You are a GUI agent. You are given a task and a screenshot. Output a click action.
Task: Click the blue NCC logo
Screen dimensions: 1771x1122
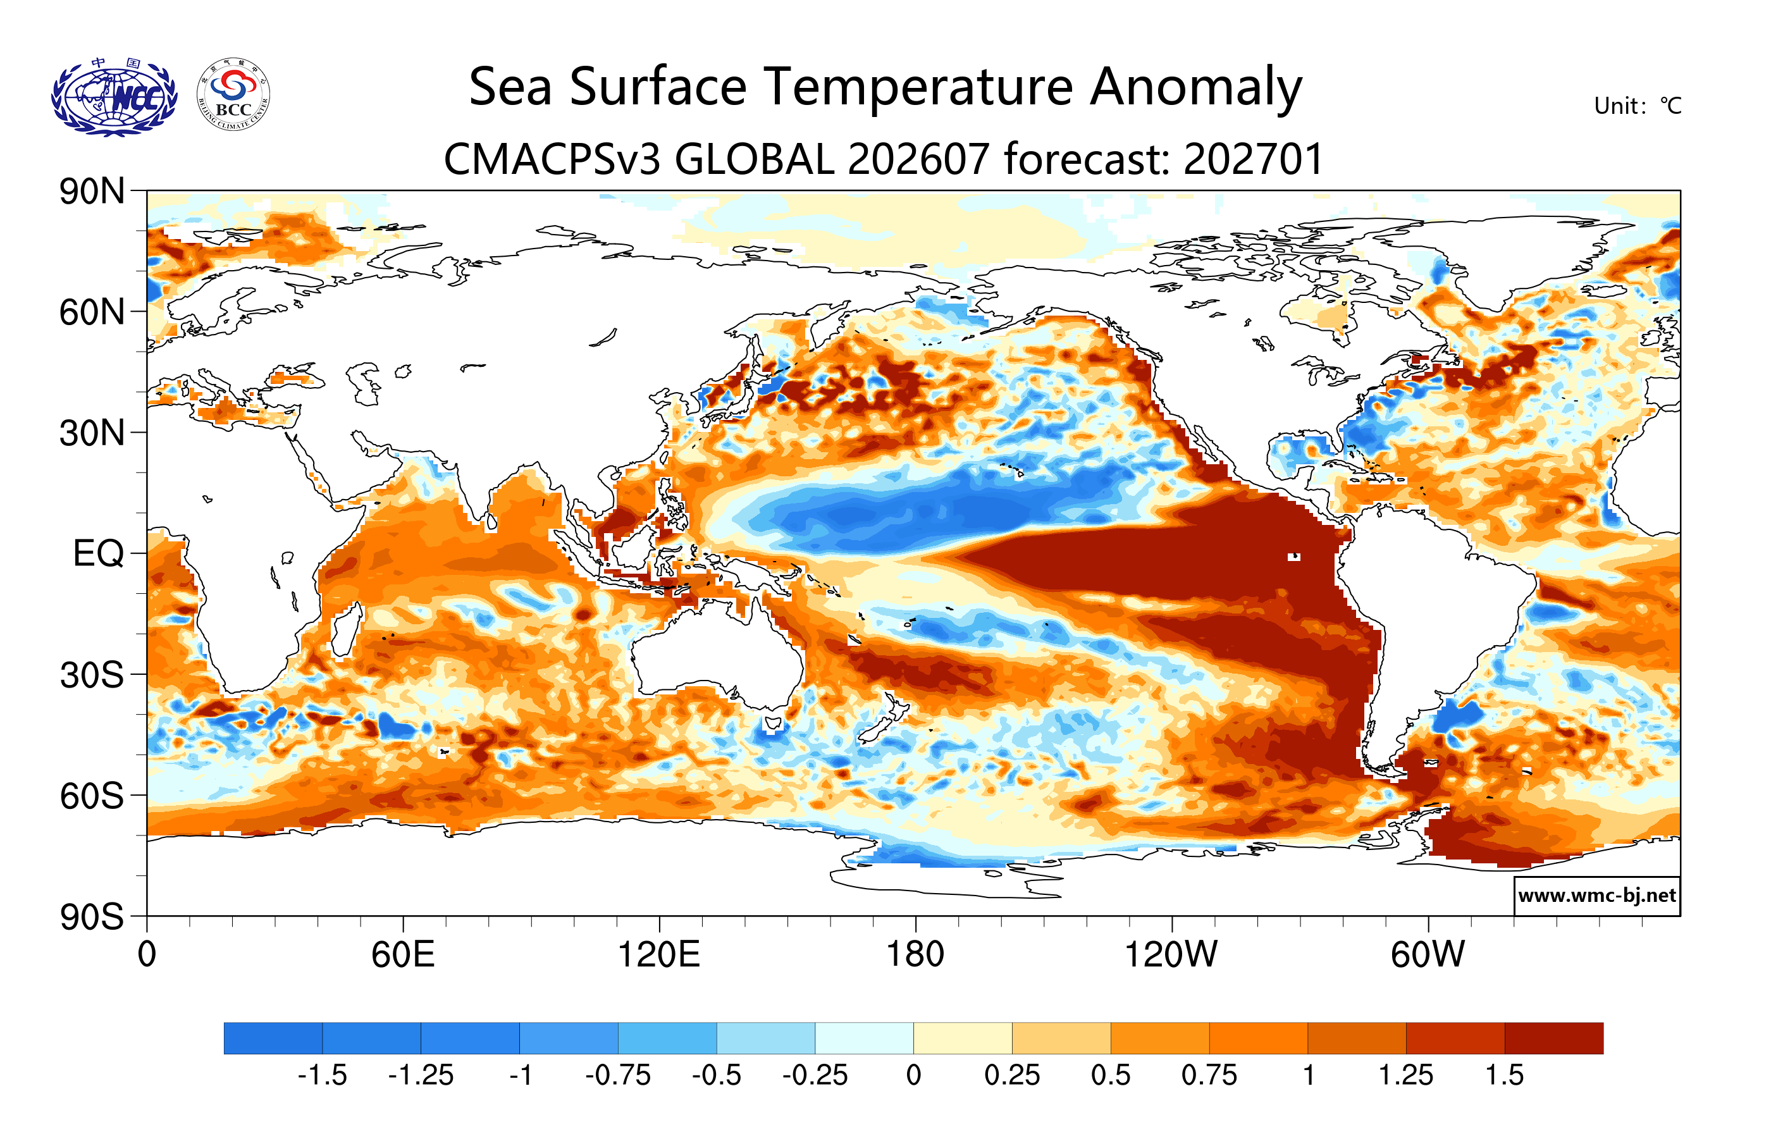[x=114, y=97]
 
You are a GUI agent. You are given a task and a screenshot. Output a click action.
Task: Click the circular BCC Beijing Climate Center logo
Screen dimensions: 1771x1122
[x=233, y=95]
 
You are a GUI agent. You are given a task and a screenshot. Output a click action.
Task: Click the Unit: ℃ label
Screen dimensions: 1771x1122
[x=1637, y=106]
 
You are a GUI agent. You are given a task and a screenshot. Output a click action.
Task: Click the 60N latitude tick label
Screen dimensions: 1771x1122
[x=92, y=312]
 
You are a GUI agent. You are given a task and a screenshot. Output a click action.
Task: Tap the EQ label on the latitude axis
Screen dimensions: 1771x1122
[x=99, y=553]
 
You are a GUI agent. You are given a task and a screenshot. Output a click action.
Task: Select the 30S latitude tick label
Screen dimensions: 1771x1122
[x=92, y=675]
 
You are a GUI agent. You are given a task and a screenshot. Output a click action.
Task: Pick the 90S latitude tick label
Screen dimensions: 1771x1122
[x=92, y=917]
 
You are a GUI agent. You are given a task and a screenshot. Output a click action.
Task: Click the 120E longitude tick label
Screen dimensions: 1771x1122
[x=659, y=955]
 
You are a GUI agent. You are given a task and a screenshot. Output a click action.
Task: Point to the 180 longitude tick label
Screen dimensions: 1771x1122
[x=915, y=955]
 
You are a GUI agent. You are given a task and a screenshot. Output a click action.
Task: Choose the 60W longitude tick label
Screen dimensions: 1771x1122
[x=1428, y=955]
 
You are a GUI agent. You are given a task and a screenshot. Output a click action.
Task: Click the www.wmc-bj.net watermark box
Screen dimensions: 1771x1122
[x=1596, y=896]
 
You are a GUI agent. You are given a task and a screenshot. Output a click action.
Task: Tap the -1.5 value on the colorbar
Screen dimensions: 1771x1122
[x=322, y=1076]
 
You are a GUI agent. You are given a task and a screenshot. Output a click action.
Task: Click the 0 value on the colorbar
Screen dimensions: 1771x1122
[x=913, y=1076]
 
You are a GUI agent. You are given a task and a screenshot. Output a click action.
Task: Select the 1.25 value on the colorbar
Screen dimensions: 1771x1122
[x=1405, y=1076]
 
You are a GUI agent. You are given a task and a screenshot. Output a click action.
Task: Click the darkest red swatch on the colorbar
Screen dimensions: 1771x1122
[x=1554, y=1038]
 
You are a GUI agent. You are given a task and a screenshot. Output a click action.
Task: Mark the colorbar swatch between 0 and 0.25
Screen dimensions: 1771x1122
[x=963, y=1038]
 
